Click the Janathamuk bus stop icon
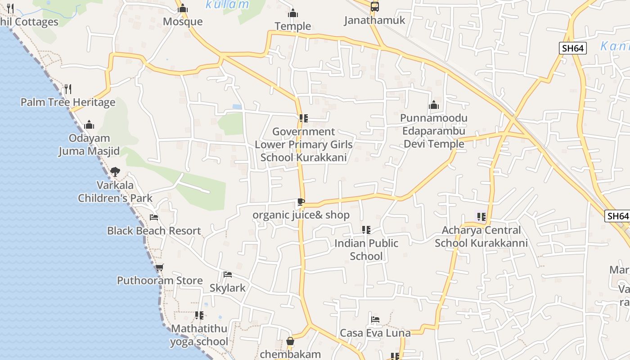(x=374, y=7)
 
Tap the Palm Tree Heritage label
(x=68, y=102)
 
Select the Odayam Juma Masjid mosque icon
(x=89, y=124)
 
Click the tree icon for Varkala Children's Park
(x=115, y=171)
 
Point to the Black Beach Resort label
(x=154, y=231)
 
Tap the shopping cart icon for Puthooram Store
(x=159, y=267)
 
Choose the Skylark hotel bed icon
(x=228, y=274)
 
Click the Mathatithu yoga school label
(x=199, y=335)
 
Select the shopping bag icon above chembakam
(x=290, y=342)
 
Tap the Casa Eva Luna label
(x=375, y=333)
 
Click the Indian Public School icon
(x=366, y=230)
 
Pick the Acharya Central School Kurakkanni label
(x=481, y=237)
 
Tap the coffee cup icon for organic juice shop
(x=301, y=202)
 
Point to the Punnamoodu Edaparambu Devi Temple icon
(x=434, y=105)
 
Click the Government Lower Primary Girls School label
(x=304, y=144)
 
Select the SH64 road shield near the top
(x=573, y=48)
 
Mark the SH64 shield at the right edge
(x=617, y=216)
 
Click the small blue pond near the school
(x=237, y=107)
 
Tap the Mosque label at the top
(x=183, y=22)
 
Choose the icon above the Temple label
(x=293, y=13)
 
